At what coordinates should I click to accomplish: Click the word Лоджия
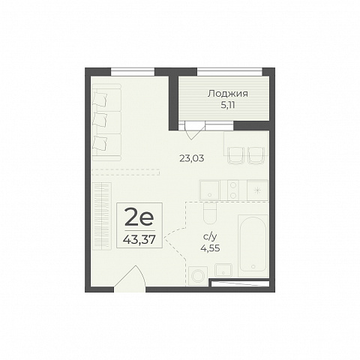pos(228,94)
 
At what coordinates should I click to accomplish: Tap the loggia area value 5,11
pos(228,105)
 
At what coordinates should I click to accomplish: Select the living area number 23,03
pos(192,158)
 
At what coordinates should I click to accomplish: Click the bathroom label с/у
pos(209,237)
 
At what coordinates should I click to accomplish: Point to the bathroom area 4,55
pos(210,248)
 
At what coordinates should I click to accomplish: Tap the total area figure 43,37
pos(139,240)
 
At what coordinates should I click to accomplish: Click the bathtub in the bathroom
pos(253,244)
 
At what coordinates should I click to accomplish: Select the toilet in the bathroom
pos(209,213)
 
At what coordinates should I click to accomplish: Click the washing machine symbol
pos(198,275)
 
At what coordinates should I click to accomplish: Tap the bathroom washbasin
pos(223,270)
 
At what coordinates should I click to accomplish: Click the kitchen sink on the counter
pos(209,190)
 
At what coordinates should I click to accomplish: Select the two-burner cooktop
pos(233,190)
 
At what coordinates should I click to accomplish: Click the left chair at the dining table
pos(235,155)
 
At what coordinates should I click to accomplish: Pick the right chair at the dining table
pos(256,155)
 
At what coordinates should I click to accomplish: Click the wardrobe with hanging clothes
pos(102,216)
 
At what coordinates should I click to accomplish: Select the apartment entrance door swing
pos(130,278)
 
